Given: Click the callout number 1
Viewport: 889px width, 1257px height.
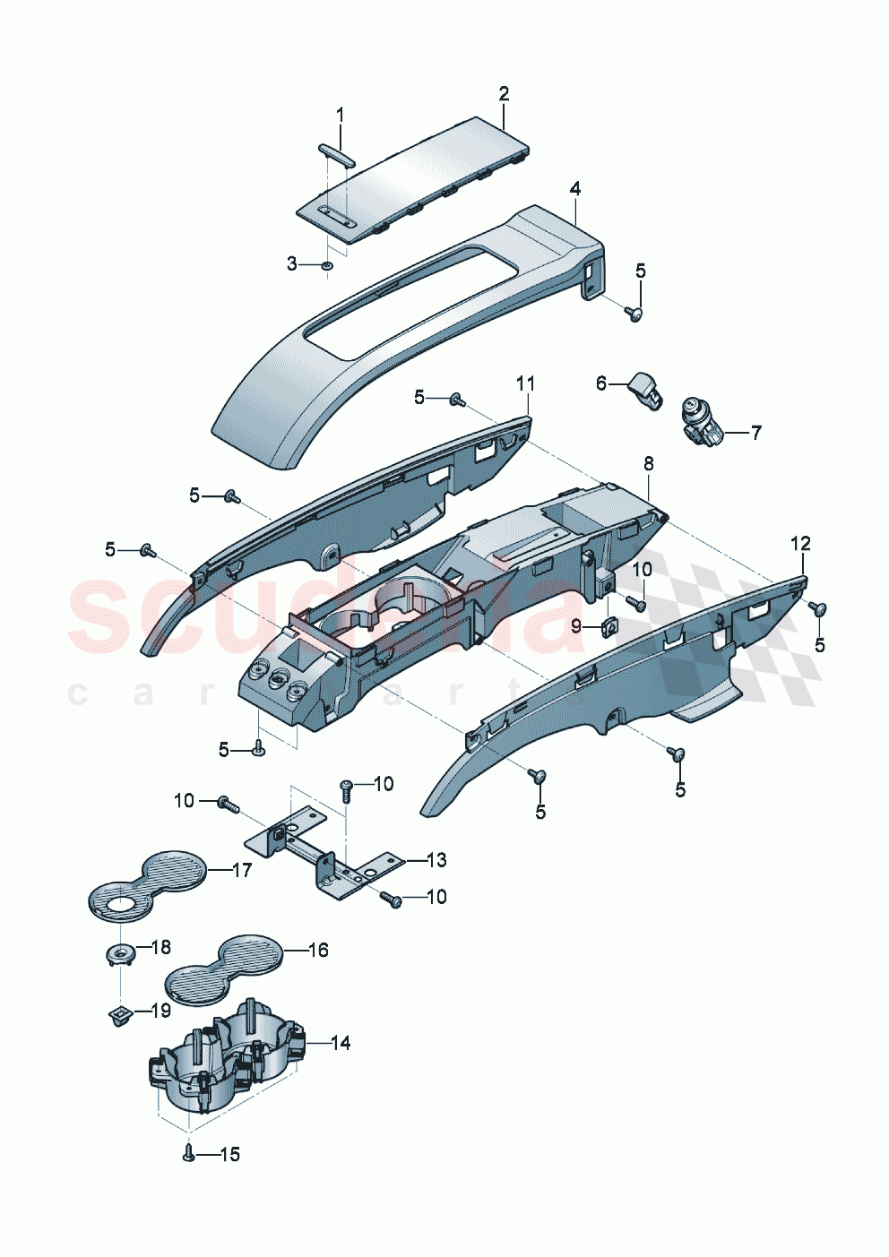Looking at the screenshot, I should click(340, 115).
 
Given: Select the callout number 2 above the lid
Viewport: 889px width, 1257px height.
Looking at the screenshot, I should click(504, 94).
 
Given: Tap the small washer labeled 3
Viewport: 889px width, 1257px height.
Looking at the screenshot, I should click(328, 265).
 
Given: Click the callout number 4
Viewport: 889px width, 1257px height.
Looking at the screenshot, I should click(575, 189).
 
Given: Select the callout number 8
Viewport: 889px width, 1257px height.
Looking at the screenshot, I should click(649, 463).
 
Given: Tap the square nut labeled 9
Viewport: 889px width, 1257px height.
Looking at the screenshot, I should click(608, 626).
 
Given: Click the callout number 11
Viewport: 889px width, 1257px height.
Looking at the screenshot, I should click(525, 383).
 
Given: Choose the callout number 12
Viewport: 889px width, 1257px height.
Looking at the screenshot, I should click(800, 544).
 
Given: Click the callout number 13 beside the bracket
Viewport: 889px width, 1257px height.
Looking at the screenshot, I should click(436, 860).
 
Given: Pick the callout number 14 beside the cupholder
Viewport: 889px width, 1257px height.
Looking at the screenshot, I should click(340, 1043).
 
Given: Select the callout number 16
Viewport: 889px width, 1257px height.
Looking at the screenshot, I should click(318, 950).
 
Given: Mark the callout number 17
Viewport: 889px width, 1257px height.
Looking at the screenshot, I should click(242, 870).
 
